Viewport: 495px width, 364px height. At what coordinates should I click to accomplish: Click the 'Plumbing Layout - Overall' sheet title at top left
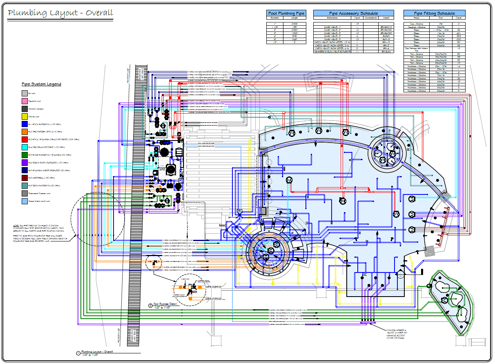(x=60, y=13)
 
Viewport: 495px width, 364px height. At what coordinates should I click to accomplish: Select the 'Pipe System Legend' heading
(x=41, y=84)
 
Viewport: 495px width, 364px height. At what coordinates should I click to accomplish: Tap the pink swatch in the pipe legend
(x=25, y=101)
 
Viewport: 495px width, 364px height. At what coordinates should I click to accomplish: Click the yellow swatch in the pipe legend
(x=25, y=116)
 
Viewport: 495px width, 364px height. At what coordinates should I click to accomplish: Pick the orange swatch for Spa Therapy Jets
(x=25, y=132)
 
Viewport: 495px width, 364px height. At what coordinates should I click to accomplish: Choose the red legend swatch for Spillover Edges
(x=25, y=139)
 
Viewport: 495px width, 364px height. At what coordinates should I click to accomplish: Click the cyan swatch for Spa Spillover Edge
(x=25, y=147)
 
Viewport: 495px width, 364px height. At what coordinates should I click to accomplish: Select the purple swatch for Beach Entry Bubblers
(x=25, y=163)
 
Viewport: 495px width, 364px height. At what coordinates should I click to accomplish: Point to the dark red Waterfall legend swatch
(x=25, y=178)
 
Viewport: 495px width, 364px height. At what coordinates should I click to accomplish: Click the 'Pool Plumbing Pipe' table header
(x=286, y=13)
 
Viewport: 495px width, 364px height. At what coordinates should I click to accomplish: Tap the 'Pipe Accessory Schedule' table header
(x=353, y=13)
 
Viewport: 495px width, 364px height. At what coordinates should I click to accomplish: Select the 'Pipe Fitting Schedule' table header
(x=435, y=13)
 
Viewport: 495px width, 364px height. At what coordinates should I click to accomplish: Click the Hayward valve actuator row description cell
(x=332, y=51)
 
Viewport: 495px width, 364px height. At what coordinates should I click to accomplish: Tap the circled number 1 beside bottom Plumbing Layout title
(x=78, y=353)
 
